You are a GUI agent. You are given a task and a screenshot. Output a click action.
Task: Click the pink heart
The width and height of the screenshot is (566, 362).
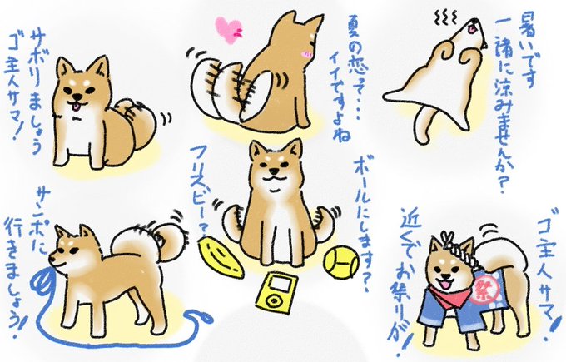tap(228, 31)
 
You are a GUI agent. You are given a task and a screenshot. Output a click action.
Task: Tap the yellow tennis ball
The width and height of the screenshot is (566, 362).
tap(341, 262)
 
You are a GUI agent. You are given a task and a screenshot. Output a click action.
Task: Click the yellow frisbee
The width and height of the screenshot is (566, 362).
tap(220, 258)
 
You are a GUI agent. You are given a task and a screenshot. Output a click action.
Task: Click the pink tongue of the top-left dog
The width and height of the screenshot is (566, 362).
tap(76, 106)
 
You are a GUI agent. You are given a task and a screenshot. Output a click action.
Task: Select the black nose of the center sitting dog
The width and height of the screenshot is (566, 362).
tap(275, 169)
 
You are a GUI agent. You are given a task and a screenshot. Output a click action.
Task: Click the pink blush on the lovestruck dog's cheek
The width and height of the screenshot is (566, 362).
tap(306, 54)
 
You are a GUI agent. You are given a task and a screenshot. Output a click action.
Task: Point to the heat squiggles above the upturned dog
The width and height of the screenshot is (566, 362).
tap(446, 17)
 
